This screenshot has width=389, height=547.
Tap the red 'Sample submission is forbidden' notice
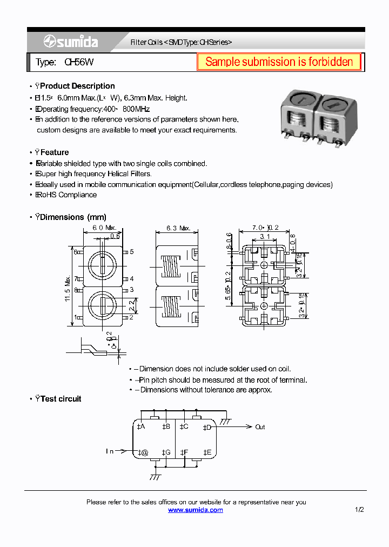coord(279,62)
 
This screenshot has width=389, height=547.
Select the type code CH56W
coord(78,63)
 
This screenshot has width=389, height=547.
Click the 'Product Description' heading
coord(77,86)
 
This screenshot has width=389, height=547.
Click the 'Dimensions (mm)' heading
coord(73,217)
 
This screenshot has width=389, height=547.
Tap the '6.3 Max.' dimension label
coord(177,228)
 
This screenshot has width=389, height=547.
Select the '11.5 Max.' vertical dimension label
coord(69,289)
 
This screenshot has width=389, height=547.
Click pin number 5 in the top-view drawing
coord(131,252)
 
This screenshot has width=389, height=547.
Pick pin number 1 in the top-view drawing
coord(76,317)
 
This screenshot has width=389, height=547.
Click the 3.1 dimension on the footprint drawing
coord(265,236)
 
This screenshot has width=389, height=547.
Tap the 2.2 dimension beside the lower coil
coord(132,306)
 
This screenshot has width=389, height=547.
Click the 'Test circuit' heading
coord(61,399)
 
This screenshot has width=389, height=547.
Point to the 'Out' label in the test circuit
coord(260,427)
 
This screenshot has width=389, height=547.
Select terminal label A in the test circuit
coord(141,427)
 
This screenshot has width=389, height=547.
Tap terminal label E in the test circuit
coord(207,452)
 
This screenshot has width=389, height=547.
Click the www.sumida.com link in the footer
coord(195,510)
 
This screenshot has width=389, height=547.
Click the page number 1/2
coord(360,510)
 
